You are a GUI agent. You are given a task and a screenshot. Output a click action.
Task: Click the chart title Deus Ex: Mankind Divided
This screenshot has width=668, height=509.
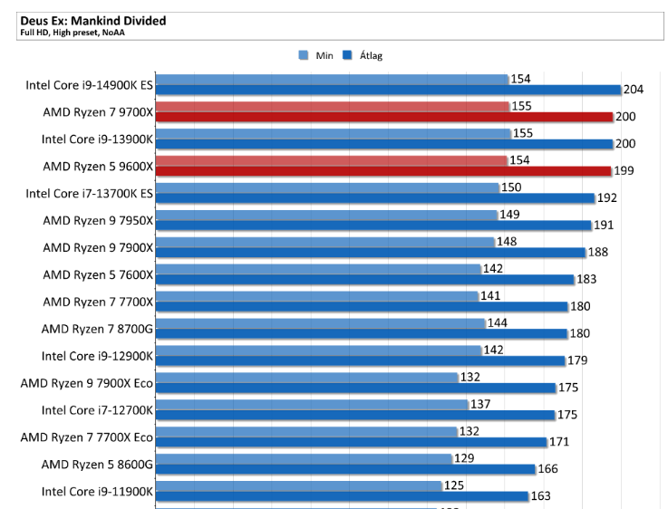[92, 20]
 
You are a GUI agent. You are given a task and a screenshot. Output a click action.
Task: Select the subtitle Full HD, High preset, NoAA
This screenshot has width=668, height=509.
[72, 33]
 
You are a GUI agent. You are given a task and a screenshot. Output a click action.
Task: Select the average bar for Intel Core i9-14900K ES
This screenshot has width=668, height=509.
[388, 90]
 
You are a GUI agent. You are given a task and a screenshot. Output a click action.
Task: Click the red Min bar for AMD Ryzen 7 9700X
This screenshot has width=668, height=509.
[332, 107]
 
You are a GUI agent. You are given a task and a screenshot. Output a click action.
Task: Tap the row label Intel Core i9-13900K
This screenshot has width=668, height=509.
[97, 139]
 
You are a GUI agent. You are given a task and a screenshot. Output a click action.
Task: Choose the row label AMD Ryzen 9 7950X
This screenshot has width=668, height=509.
[98, 220]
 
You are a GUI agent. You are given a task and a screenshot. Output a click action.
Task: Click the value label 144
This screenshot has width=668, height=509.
[497, 322]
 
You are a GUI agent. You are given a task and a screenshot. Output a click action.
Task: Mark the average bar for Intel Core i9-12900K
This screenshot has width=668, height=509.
[361, 360]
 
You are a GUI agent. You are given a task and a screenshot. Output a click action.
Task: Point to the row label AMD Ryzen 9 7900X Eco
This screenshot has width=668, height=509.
[86, 382]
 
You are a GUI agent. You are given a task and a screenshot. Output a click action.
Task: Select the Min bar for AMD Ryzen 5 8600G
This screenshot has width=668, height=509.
[304, 458]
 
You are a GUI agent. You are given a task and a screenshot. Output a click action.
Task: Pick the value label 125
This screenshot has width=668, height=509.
[455, 485]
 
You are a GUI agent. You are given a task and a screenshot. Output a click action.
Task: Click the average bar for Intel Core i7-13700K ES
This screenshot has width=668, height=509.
[374, 197]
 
